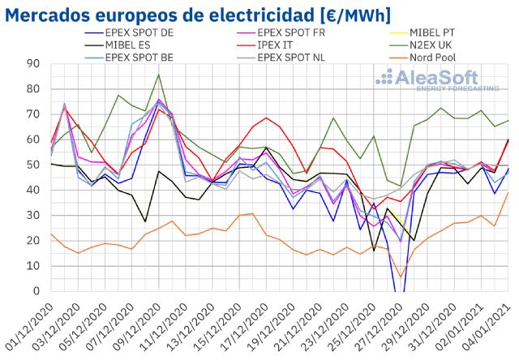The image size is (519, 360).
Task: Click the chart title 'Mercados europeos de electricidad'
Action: [198, 15]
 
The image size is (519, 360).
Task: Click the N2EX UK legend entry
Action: [410, 45]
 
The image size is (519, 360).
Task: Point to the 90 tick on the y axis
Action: [32, 64]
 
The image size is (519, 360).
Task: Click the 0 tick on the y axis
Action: [36, 291]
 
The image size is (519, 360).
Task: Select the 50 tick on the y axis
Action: [32, 165]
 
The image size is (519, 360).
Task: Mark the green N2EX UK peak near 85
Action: [159, 75]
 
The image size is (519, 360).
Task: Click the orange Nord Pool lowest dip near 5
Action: [401, 276]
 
